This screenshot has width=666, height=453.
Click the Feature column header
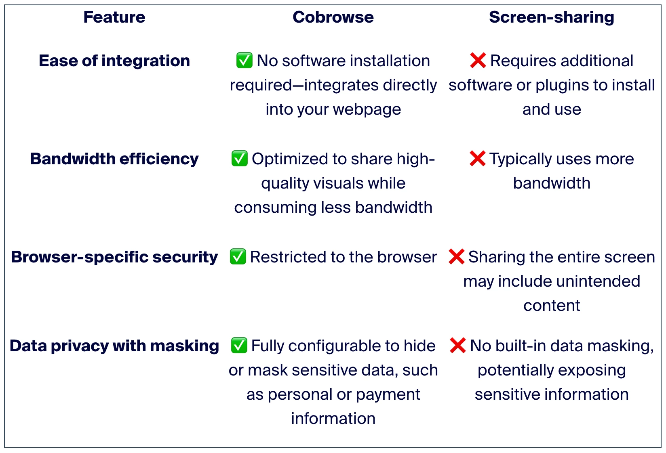click(114, 17)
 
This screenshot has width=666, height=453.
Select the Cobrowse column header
click(333, 17)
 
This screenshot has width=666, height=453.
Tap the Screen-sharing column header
click(552, 17)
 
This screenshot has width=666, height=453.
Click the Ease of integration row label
click(114, 61)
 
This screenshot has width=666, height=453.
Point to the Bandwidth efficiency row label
click(114, 159)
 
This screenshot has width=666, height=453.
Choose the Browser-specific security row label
click(114, 257)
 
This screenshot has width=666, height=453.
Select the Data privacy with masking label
click(114, 346)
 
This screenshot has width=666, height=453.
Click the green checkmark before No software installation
click(244, 60)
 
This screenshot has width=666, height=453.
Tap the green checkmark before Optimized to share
click(240, 158)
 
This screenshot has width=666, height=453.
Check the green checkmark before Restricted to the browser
click(238, 256)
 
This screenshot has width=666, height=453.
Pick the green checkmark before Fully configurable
click(239, 345)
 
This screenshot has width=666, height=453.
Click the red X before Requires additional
click(478, 60)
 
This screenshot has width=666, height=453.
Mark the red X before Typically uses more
click(478, 158)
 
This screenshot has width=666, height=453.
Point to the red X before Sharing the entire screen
click(456, 256)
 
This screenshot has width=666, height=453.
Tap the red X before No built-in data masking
click(458, 345)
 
